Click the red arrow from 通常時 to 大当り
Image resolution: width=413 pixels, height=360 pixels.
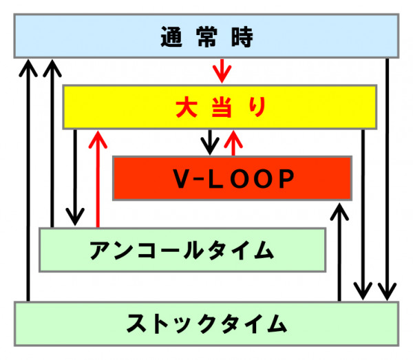(x=222, y=71)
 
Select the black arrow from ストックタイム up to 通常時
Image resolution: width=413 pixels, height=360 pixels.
(x=28, y=180)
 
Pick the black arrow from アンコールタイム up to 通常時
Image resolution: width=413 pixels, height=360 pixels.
(x=52, y=143)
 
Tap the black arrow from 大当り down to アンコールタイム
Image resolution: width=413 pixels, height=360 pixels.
(x=75, y=178)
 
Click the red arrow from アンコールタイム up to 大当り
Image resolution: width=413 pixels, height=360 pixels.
(x=98, y=179)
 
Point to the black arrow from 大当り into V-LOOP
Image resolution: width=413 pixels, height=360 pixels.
(x=210, y=142)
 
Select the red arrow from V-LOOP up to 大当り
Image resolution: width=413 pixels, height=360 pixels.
(x=233, y=143)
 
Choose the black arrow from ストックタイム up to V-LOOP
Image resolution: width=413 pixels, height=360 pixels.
(x=339, y=252)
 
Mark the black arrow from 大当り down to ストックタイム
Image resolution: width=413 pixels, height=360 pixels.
(x=363, y=215)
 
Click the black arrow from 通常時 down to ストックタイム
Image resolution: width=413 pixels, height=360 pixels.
(x=387, y=179)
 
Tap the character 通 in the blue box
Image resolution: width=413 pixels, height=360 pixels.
(x=171, y=37)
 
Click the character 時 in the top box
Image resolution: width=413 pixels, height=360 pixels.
(x=242, y=37)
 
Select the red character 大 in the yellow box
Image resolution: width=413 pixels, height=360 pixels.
(x=187, y=107)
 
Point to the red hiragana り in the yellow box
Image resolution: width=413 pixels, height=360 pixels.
(x=257, y=107)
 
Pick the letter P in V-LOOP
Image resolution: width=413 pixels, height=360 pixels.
(x=286, y=178)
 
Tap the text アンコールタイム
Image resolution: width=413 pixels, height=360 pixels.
(x=182, y=250)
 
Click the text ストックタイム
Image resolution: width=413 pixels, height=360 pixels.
(x=206, y=324)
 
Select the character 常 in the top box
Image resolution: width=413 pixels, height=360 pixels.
(x=206, y=37)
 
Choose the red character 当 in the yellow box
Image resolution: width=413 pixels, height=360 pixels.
(x=222, y=107)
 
